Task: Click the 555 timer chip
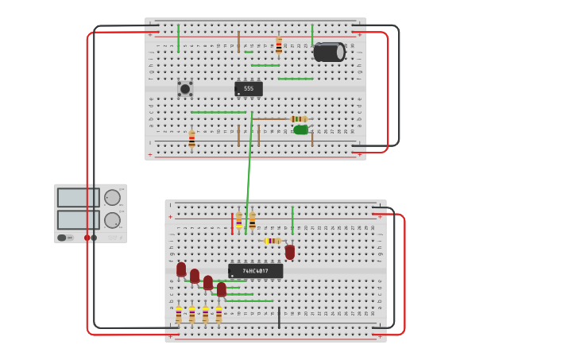[x=249, y=89]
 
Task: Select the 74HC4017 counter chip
[x=255, y=271]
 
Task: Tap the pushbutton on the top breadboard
[x=185, y=89]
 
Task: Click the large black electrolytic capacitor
[x=329, y=52]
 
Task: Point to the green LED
[x=300, y=130]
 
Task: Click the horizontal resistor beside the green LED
[x=299, y=119]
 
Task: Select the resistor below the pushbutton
[x=191, y=140]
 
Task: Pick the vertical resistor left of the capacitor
[x=279, y=45]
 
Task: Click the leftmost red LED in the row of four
[x=181, y=269]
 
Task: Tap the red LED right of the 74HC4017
[x=290, y=251]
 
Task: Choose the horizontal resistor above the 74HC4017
[x=273, y=240]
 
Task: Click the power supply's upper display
[x=78, y=197]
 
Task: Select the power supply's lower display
[x=78, y=219]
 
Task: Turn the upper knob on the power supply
[x=112, y=197]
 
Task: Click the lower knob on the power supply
[x=112, y=220]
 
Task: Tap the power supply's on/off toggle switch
[x=62, y=238]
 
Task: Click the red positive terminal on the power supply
[x=87, y=238]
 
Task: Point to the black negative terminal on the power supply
[x=94, y=238]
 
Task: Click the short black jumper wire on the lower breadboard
[x=279, y=318]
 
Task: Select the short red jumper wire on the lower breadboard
[x=232, y=223]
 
